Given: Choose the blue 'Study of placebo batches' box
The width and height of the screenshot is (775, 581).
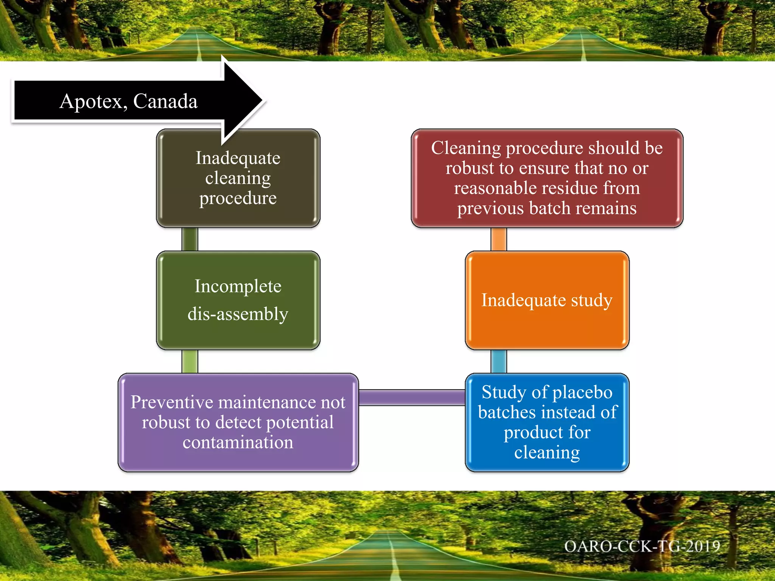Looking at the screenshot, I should coord(547,422).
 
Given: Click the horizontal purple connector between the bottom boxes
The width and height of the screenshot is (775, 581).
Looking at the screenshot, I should coord(412,398).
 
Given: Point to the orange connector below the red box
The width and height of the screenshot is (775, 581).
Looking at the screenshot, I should coord(498,239).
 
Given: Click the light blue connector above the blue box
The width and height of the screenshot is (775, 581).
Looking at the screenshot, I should coord(498,361).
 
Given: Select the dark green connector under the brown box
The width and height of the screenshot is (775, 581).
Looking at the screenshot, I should coord(190,239).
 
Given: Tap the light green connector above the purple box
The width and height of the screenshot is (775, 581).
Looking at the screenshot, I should coord(190,361).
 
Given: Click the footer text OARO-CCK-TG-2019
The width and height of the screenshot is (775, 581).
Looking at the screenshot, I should coord(642,546).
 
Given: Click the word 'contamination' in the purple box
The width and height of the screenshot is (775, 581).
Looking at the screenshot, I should coord(238,442).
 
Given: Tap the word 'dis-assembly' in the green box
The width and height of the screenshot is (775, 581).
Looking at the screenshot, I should coord(238,314).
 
